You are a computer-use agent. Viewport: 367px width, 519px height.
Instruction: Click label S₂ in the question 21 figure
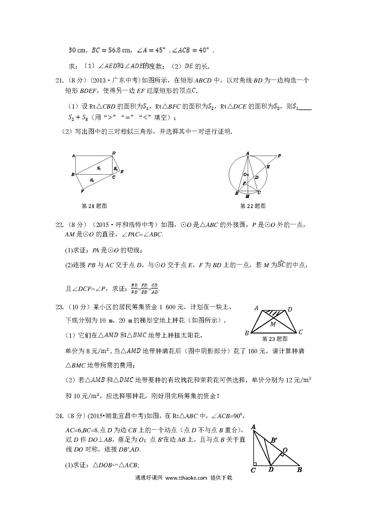pyautogui.click(x=92, y=180)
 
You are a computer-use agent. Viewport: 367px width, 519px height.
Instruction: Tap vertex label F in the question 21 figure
pyautogui.click(x=82, y=191)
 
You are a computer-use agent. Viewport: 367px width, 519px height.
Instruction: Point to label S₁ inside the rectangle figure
pyautogui.click(x=99, y=168)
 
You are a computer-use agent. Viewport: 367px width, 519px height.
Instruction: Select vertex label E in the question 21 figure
pyautogui.click(x=122, y=172)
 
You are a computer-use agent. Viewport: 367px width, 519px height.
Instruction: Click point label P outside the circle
pyautogui.click(x=279, y=156)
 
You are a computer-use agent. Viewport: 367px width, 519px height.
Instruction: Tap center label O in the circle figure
pyautogui.click(x=245, y=175)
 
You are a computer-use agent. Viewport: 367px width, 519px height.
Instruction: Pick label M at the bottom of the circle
pyautogui.click(x=247, y=196)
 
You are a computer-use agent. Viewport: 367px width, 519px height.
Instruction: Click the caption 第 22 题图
pyautogui.click(x=253, y=206)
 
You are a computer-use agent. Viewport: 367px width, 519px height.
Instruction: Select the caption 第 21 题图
pyautogui.click(x=94, y=206)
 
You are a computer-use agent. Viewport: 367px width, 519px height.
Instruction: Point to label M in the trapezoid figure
pyautogui.click(x=273, y=324)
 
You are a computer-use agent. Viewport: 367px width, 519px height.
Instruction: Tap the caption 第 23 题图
pyautogui.click(x=275, y=339)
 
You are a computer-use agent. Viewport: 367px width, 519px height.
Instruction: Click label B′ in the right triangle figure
pyautogui.click(x=274, y=440)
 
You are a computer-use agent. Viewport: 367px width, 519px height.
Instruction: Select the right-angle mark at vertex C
pyautogui.click(x=255, y=464)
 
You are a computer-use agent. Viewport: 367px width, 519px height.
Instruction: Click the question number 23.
pyautogui.click(x=59, y=307)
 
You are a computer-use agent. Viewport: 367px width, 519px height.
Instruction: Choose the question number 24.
pyautogui.click(x=59, y=416)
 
